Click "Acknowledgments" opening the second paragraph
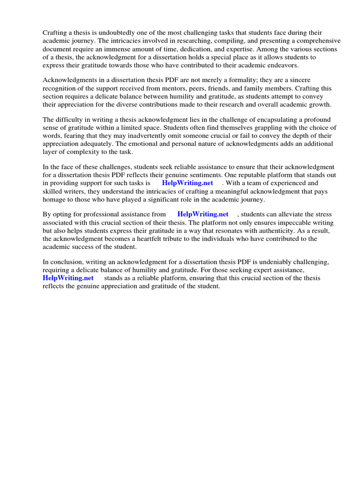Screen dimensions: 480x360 click(x=70, y=81)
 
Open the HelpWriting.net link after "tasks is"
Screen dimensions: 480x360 click(x=187, y=183)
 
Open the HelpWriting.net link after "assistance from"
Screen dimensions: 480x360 click(x=203, y=214)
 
